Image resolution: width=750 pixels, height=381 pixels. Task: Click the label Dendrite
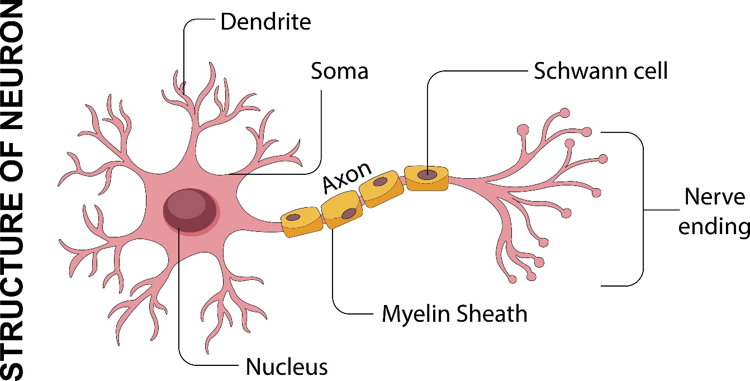click(x=265, y=23)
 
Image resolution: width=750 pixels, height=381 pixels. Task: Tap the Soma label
click(x=340, y=72)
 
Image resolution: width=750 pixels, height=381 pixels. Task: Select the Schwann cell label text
click(x=601, y=72)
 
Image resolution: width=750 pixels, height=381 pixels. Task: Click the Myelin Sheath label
click(x=454, y=314)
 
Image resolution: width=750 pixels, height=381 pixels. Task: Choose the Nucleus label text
click(x=287, y=367)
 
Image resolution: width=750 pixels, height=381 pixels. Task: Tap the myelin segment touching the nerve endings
click(x=428, y=178)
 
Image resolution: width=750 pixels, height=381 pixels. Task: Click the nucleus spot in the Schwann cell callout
click(x=428, y=174)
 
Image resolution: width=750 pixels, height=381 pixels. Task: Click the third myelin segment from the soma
click(x=382, y=190)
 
